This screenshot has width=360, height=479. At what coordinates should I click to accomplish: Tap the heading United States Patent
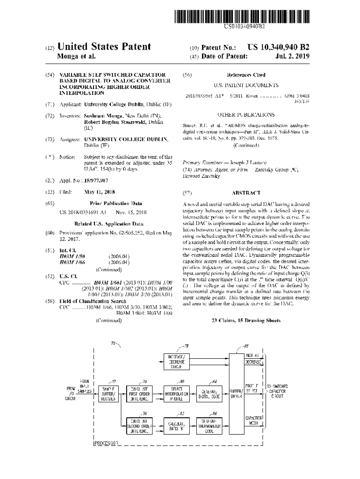[x=104, y=47]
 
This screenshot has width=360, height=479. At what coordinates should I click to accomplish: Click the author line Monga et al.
[x=76, y=57]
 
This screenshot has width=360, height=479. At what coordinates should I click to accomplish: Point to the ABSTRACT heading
[x=246, y=193]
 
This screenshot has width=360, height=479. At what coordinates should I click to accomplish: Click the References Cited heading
[x=246, y=75]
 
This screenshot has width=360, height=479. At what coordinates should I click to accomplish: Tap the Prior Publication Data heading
[x=116, y=203]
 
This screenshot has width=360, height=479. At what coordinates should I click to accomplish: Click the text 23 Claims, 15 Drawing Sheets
[x=246, y=320]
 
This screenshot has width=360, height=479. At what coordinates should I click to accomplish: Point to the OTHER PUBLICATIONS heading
[x=246, y=115]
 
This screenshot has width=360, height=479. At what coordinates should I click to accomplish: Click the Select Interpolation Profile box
[x=176, y=394]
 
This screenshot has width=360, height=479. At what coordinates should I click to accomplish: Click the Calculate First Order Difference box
[x=140, y=394]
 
